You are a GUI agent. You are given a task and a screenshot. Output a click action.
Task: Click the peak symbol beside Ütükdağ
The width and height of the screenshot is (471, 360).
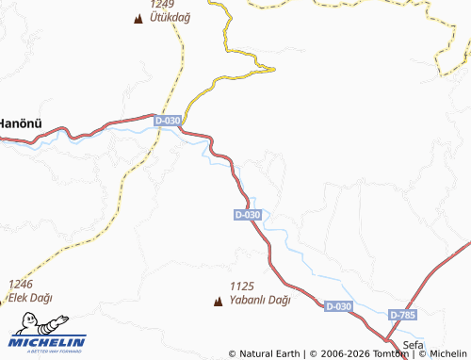pos(139,18)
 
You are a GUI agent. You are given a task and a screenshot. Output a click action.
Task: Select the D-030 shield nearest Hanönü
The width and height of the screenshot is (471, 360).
pos(168,121)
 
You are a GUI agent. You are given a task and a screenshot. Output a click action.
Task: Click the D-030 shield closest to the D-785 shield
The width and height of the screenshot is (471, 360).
pos(337,307)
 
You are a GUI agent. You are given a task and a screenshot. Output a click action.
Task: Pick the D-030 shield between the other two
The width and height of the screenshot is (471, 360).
pos(247,215)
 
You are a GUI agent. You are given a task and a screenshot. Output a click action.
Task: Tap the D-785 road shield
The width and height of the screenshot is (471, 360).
pos(401,314)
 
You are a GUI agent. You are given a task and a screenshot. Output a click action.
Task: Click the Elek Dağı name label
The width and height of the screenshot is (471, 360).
pos(30,298)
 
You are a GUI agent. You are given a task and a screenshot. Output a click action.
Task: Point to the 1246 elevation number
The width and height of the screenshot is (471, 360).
pos(21,285)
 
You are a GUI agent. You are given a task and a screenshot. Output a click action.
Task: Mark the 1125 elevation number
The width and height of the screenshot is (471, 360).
pos(242,286)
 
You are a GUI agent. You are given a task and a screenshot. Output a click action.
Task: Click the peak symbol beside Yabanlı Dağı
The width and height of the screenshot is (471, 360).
pos(219,302)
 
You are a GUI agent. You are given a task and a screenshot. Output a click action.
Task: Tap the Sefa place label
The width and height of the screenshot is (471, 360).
pos(414,343)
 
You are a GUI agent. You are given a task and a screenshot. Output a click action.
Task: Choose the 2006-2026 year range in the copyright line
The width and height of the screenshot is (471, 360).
pos(342,354)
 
